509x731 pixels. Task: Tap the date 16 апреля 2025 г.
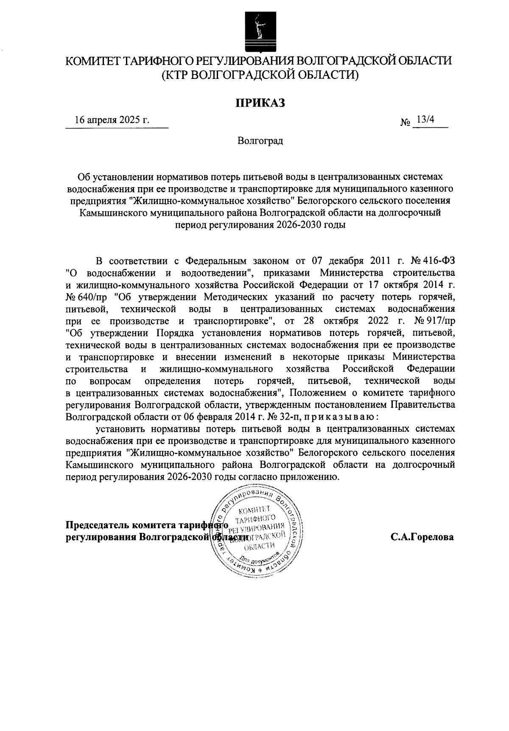pyautogui.click(x=112, y=120)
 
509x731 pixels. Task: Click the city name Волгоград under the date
pyautogui.click(x=260, y=141)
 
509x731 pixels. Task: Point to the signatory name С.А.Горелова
pyautogui.click(x=422, y=537)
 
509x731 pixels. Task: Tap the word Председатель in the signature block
pyautogui.click(x=97, y=525)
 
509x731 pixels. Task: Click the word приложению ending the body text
pyautogui.click(x=310, y=476)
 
